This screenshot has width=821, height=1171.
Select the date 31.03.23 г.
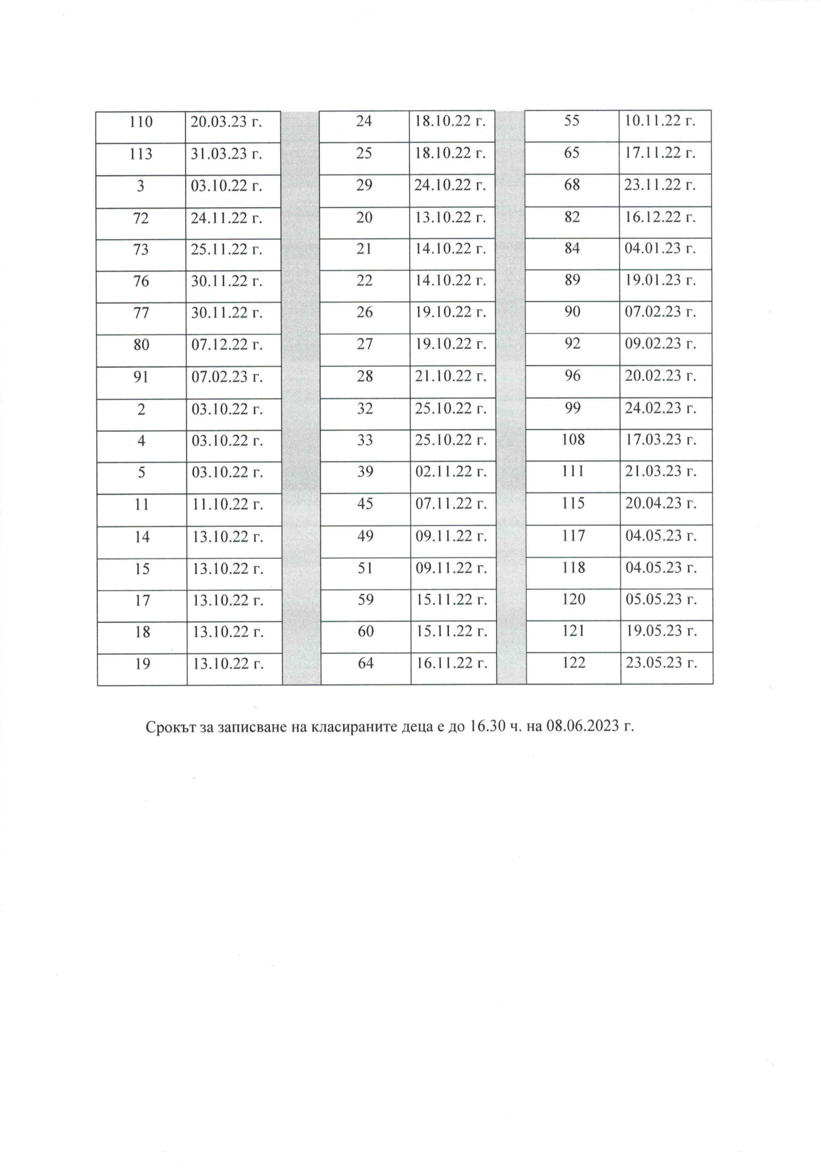226,154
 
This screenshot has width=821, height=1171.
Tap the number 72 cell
141,218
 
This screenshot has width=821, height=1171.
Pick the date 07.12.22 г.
226,345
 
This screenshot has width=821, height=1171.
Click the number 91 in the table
141,377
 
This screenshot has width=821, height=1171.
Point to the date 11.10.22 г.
227,505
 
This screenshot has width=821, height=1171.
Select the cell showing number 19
142,664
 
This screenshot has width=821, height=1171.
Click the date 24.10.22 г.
450,185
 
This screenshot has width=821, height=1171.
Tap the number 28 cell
365,376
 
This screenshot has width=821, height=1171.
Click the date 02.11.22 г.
451,472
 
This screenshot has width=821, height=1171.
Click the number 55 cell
572,121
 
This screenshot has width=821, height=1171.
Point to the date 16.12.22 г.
660,217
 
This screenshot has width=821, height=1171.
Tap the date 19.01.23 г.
660,280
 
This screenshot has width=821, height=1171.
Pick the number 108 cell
573,439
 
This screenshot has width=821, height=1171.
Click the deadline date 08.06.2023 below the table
582,726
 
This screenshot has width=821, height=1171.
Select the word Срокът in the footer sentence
168,727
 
